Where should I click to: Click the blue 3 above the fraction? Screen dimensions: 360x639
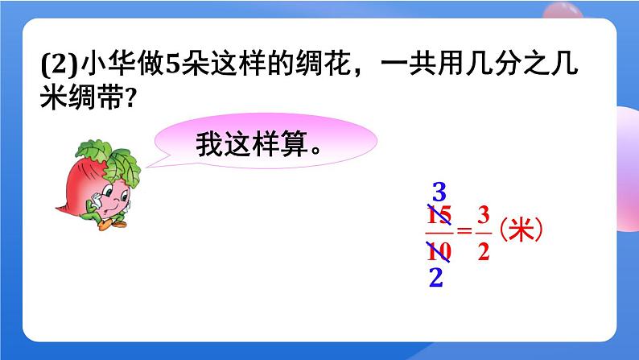click(x=439, y=193)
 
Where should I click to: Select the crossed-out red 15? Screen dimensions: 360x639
click(x=439, y=218)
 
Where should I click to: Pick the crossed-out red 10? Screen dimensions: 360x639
click(x=439, y=251)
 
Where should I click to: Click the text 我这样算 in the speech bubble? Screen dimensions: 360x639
click(x=253, y=146)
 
